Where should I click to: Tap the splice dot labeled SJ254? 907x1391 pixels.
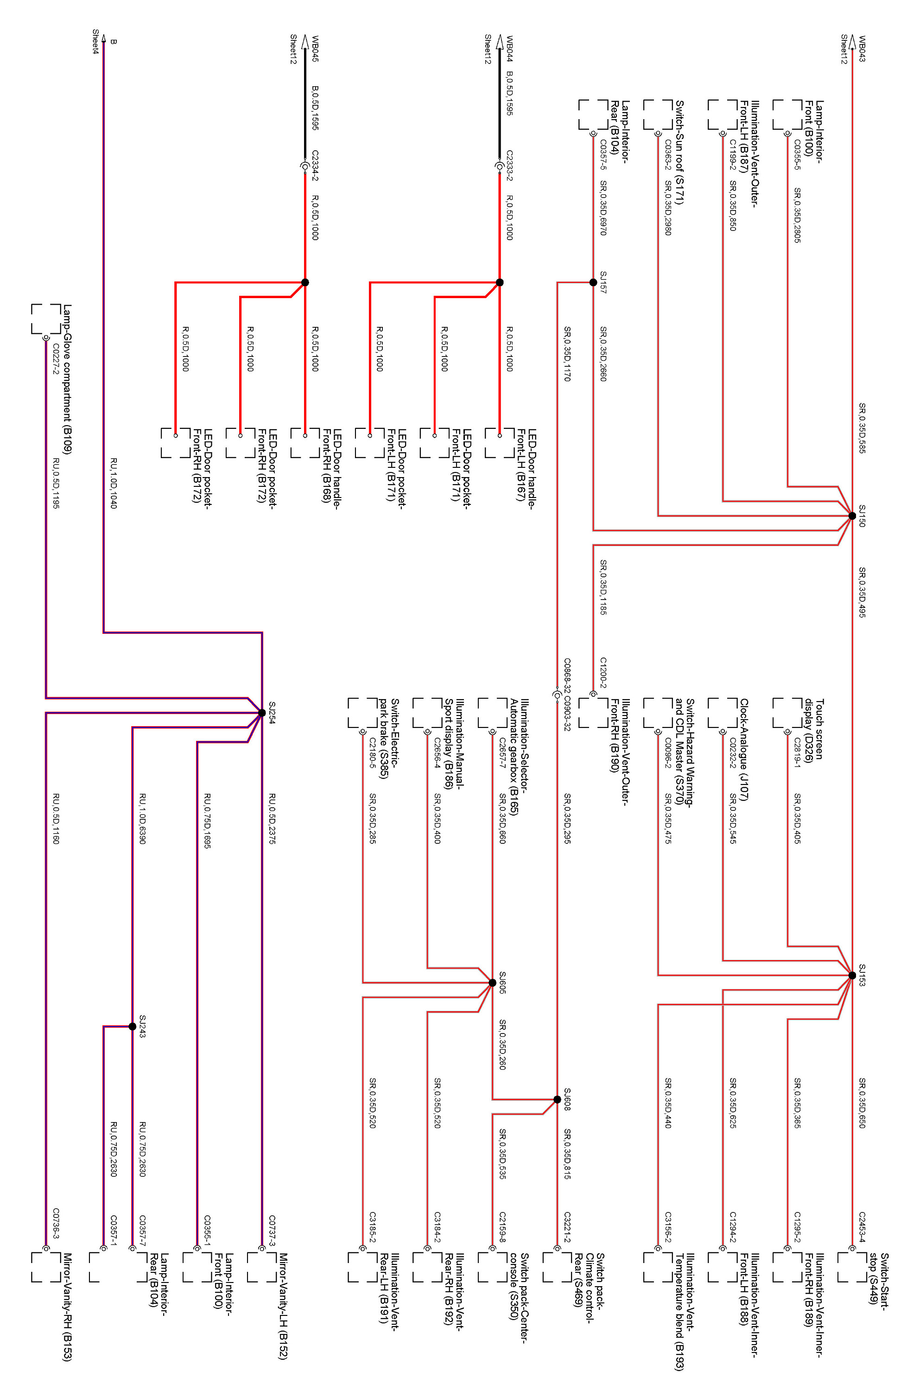click(262, 713)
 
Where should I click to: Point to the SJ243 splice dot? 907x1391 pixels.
click(133, 1026)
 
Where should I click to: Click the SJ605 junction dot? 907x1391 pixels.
click(492, 983)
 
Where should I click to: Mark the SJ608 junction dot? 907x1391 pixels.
click(557, 1099)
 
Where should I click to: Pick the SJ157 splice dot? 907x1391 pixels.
click(593, 282)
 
